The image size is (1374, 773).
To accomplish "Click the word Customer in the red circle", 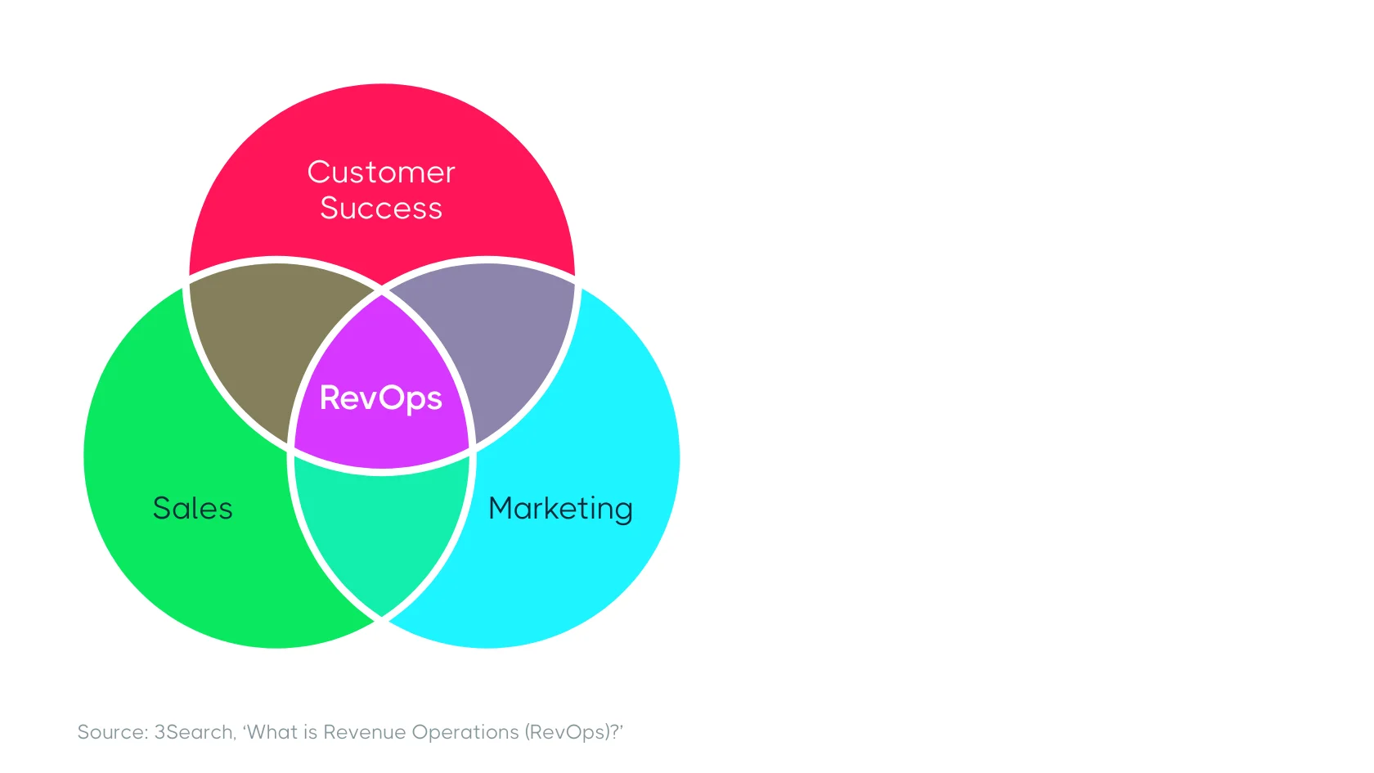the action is click(381, 173).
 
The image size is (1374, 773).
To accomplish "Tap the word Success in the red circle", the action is click(381, 208).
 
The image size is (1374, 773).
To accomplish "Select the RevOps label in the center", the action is click(381, 398).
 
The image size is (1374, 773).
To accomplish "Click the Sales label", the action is click(193, 508).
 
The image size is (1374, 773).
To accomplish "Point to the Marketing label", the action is click(561, 509).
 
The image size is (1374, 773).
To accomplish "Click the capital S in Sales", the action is click(162, 508).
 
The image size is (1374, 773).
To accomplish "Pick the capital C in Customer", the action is click(319, 173).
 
